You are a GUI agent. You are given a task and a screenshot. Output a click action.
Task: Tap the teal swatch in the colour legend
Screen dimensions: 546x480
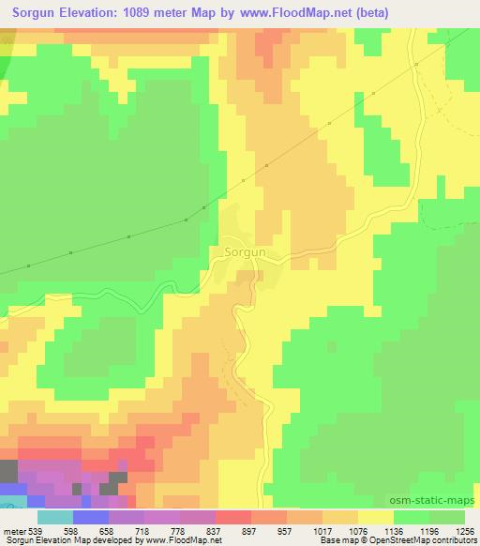click(54, 518)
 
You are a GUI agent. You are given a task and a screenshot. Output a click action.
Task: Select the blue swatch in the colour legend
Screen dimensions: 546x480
click(90, 518)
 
